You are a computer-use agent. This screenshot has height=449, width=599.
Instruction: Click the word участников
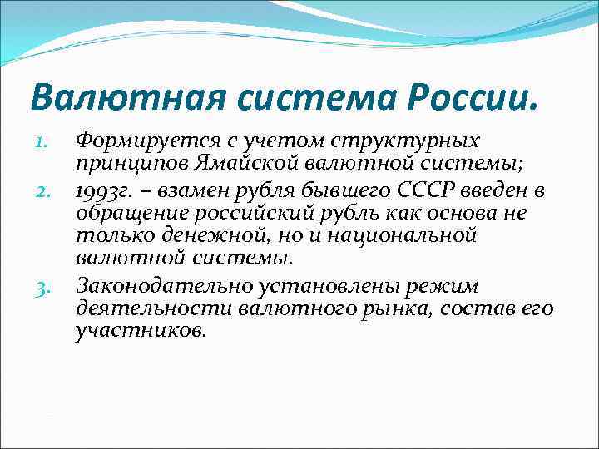(x=140, y=331)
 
